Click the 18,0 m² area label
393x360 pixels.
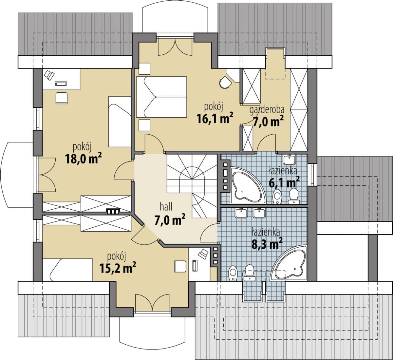[x=83, y=159]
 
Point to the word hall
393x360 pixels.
[x=166, y=207]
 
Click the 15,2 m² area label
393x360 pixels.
[x=118, y=268]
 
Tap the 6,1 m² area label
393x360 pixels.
[x=284, y=182]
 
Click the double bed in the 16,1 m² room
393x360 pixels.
[x=161, y=97]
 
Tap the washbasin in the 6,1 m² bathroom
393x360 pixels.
[x=290, y=160]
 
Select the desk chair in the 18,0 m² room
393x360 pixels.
[x=62, y=98]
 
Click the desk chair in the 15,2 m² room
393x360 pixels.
[x=180, y=266]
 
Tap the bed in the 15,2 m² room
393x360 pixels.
[x=67, y=270]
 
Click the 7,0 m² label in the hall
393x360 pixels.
[x=170, y=220]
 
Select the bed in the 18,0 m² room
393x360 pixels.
[x=120, y=122]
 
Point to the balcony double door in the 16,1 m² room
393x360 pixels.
[x=175, y=46]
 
